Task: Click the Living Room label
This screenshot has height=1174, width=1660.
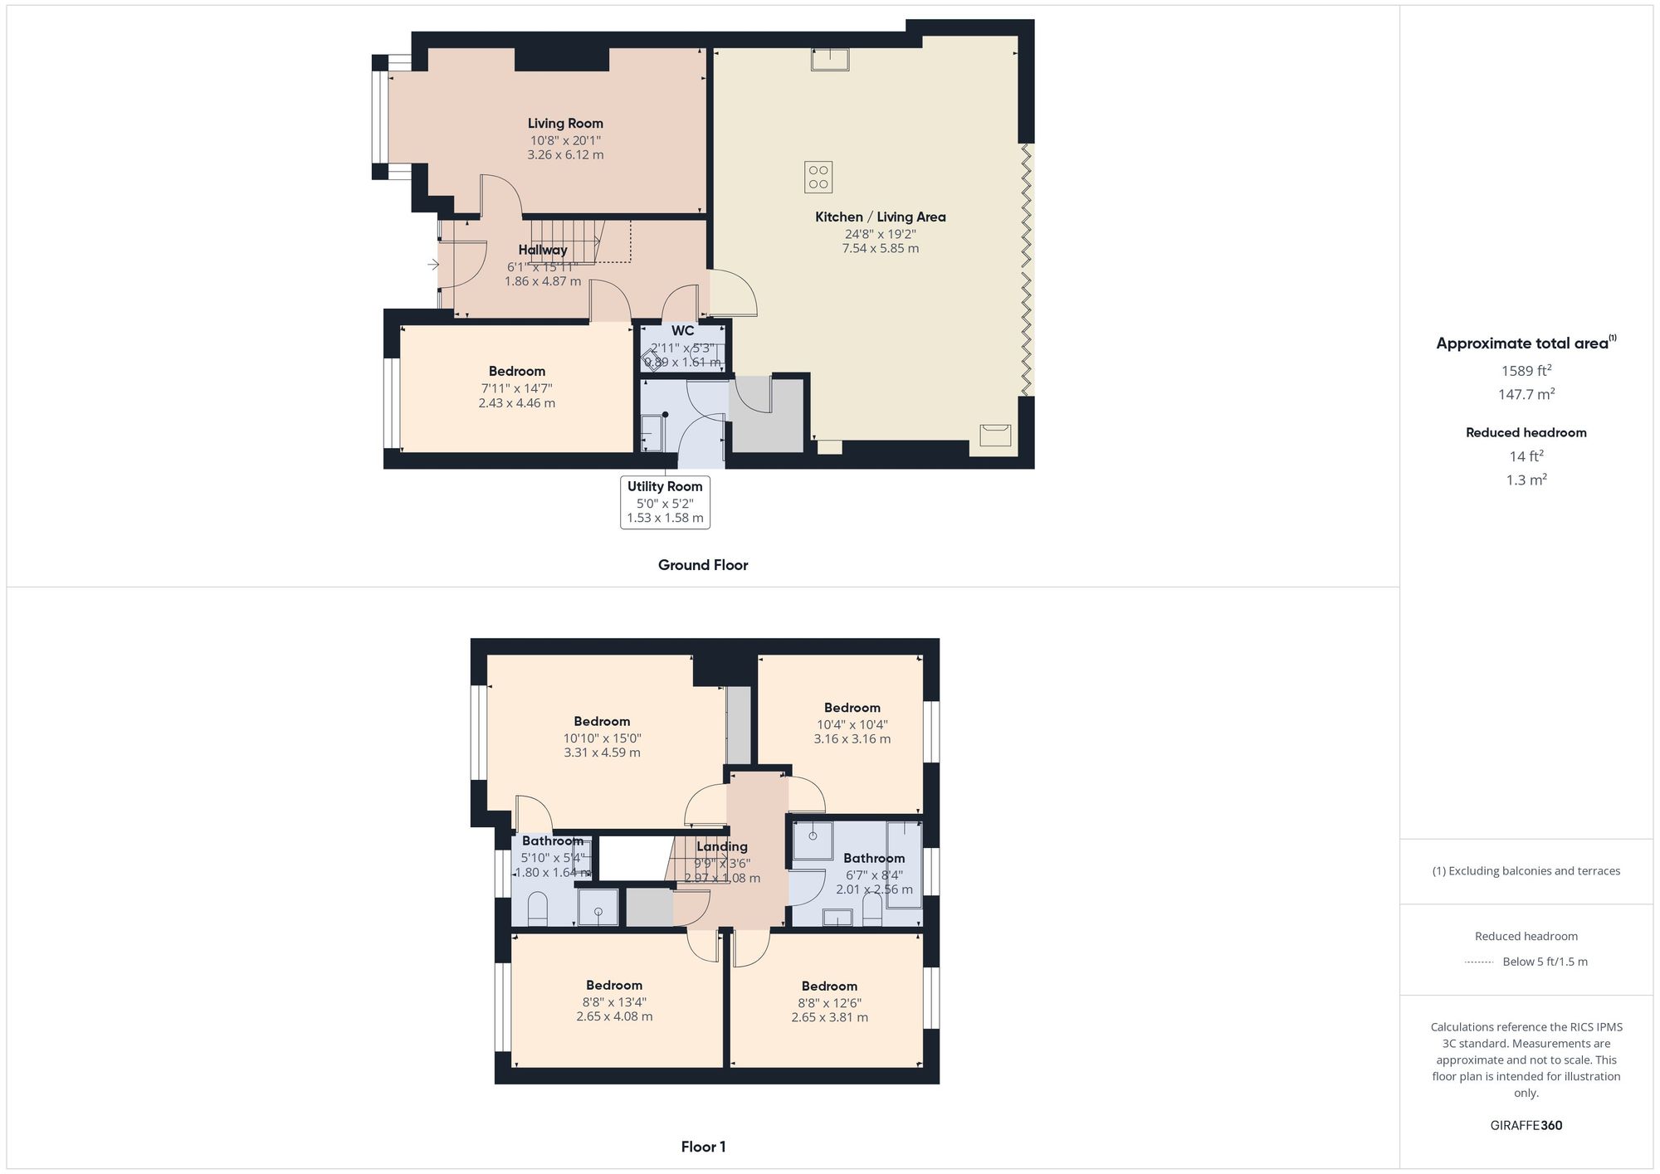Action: [565, 124]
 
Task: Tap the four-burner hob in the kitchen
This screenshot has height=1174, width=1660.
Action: [818, 177]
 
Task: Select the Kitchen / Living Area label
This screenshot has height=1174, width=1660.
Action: [880, 217]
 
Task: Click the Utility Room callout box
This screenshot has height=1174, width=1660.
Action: [665, 502]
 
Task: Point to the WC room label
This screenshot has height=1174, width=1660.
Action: [682, 331]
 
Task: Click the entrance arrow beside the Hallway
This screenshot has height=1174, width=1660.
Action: [433, 265]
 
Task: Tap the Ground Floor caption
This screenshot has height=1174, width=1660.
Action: [703, 565]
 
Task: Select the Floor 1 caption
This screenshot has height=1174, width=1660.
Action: [703, 1147]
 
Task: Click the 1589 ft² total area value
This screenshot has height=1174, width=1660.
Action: [1526, 371]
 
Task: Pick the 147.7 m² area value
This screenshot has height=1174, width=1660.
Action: [1526, 395]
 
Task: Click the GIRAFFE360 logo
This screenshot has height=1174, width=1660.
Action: [1526, 1126]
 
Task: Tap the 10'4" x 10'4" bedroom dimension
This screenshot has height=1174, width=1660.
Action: [852, 724]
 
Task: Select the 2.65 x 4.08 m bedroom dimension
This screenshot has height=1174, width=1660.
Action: [614, 1016]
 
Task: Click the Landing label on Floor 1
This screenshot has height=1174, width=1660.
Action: [721, 846]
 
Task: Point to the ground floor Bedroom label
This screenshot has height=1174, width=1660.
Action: [516, 371]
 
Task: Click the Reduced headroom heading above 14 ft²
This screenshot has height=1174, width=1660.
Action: [1526, 432]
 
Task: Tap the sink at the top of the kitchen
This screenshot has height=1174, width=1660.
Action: [830, 60]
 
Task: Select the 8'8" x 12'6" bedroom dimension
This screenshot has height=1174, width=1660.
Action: [829, 1002]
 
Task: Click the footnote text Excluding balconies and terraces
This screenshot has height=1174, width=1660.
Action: [1526, 871]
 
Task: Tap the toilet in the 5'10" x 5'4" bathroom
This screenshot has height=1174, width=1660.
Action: [538, 909]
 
